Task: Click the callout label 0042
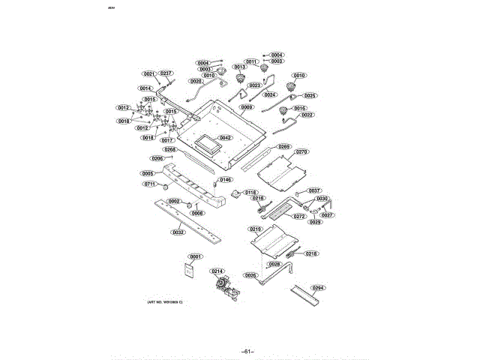click(225, 138)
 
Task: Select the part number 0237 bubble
click(166, 73)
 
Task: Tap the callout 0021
click(148, 73)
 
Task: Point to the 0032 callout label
click(178, 232)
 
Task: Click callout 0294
click(319, 288)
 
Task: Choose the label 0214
click(217, 271)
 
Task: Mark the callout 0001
click(196, 256)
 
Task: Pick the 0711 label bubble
click(150, 184)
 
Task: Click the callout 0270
click(301, 152)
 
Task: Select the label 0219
click(255, 229)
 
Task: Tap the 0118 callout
click(250, 193)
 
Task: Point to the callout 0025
click(310, 96)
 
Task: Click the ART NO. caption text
click(164, 301)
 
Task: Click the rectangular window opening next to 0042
click(205, 142)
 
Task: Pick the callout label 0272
click(299, 216)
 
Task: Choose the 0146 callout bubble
click(226, 180)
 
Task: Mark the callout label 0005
click(147, 173)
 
